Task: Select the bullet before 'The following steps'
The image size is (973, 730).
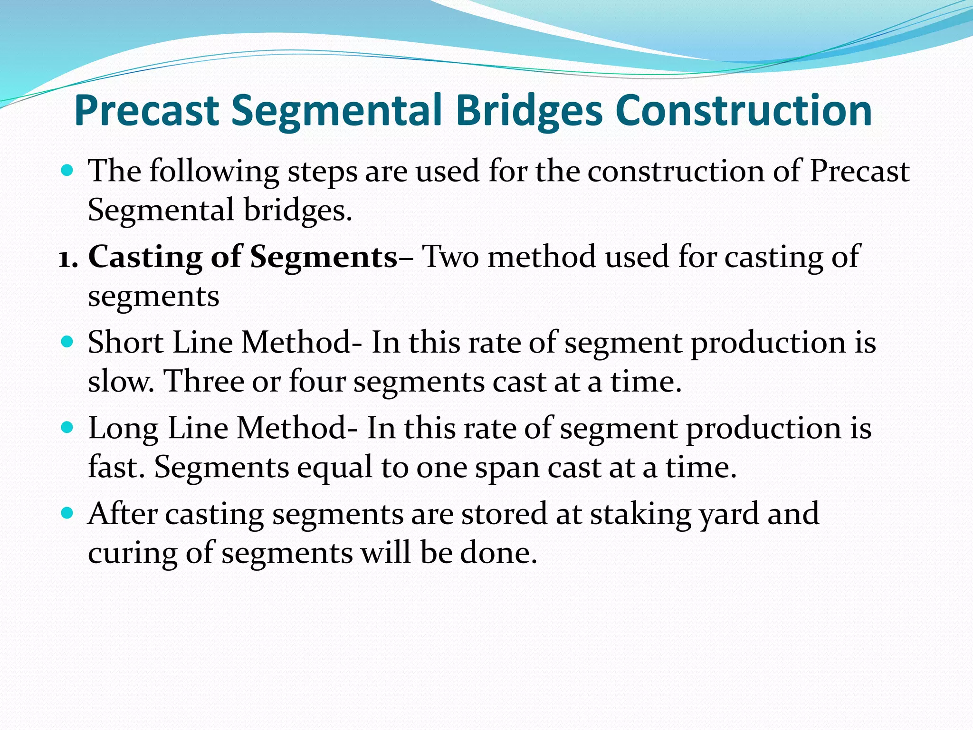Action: (x=68, y=170)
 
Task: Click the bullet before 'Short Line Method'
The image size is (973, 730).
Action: (x=68, y=341)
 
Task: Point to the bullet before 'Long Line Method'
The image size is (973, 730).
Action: (x=68, y=427)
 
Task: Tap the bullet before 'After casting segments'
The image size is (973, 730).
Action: (x=68, y=513)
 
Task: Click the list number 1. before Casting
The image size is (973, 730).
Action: (x=68, y=258)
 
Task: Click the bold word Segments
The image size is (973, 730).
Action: (x=324, y=257)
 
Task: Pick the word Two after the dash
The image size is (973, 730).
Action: (x=450, y=257)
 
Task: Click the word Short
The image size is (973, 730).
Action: (x=126, y=342)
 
